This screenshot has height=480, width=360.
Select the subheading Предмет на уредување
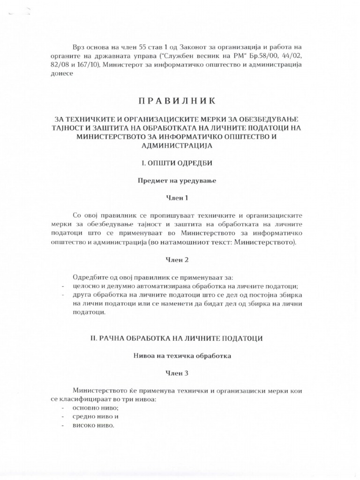177,180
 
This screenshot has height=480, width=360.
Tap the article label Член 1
177,198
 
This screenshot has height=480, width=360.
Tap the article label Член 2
177,259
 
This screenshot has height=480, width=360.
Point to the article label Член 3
177,373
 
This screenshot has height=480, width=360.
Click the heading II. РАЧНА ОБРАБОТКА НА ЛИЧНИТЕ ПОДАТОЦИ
177,338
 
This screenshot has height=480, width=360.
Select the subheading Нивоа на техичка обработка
177,356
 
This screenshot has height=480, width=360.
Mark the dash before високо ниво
63,426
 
